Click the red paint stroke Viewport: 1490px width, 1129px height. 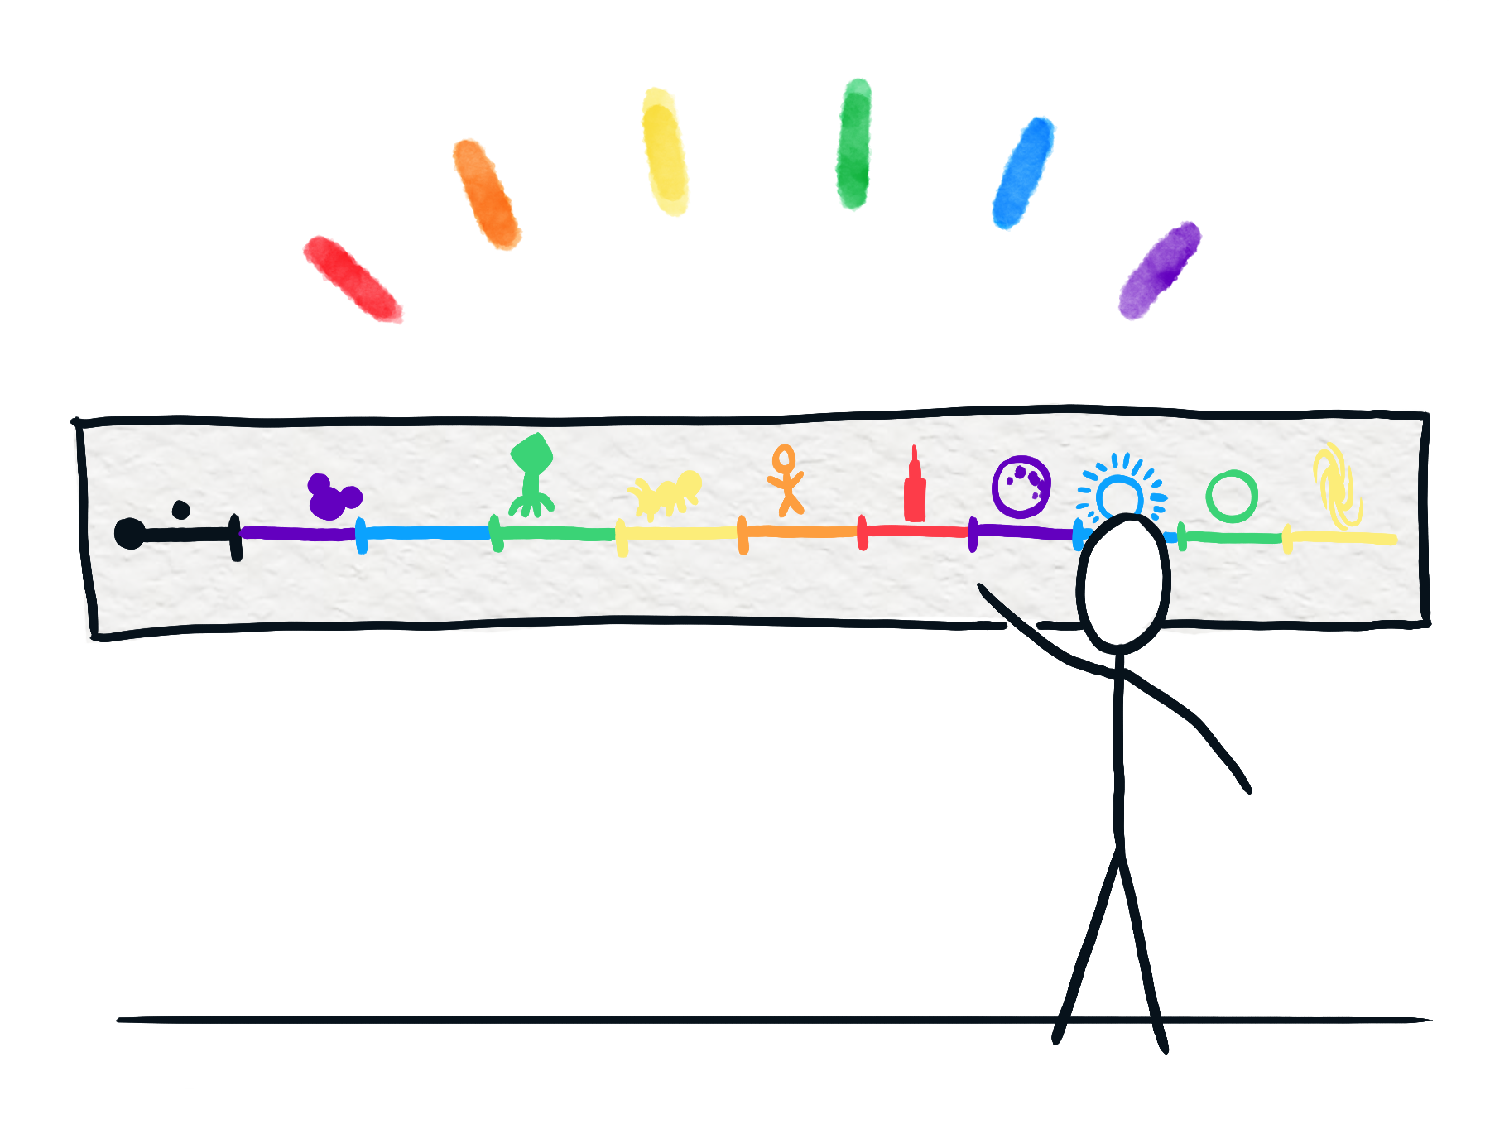pyautogui.click(x=348, y=278)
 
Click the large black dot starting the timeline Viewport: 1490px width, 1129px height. pyautogui.click(x=129, y=533)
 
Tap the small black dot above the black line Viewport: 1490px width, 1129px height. pyautogui.click(x=180, y=509)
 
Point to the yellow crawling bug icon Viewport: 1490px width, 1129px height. pyautogui.click(x=666, y=494)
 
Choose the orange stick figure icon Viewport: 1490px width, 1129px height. pyautogui.click(x=786, y=480)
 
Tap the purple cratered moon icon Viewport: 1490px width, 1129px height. pyautogui.click(x=1021, y=487)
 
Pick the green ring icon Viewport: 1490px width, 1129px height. pyautogui.click(x=1232, y=496)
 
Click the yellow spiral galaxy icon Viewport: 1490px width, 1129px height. pyautogui.click(x=1336, y=487)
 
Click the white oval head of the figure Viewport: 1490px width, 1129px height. pyautogui.click(x=1123, y=579)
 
